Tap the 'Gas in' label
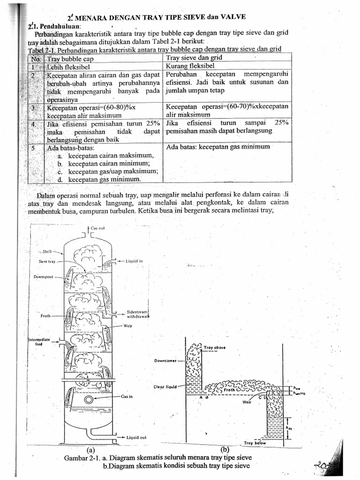tap(127, 396)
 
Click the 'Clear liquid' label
tap(165, 387)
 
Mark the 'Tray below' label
tap(255, 442)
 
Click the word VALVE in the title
tap(230, 17)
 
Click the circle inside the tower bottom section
tap(88, 399)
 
